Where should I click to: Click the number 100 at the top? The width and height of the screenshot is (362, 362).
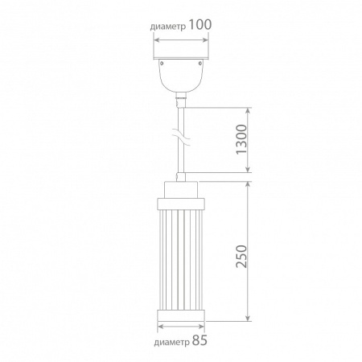point(200,25)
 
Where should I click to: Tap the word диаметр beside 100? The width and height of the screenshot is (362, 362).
point(168,27)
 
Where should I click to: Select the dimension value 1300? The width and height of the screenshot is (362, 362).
point(241,139)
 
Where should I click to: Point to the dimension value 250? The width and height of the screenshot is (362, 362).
point(241,256)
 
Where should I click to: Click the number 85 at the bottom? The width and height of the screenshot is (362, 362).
point(200,340)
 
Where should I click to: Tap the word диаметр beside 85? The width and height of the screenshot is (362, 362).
point(171,343)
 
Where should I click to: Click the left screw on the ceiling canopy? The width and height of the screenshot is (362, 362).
point(162,64)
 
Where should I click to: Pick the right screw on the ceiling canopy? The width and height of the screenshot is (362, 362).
point(200,64)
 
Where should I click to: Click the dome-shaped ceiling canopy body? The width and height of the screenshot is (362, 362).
point(181,76)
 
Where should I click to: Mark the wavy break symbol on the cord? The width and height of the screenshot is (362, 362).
point(181,138)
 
